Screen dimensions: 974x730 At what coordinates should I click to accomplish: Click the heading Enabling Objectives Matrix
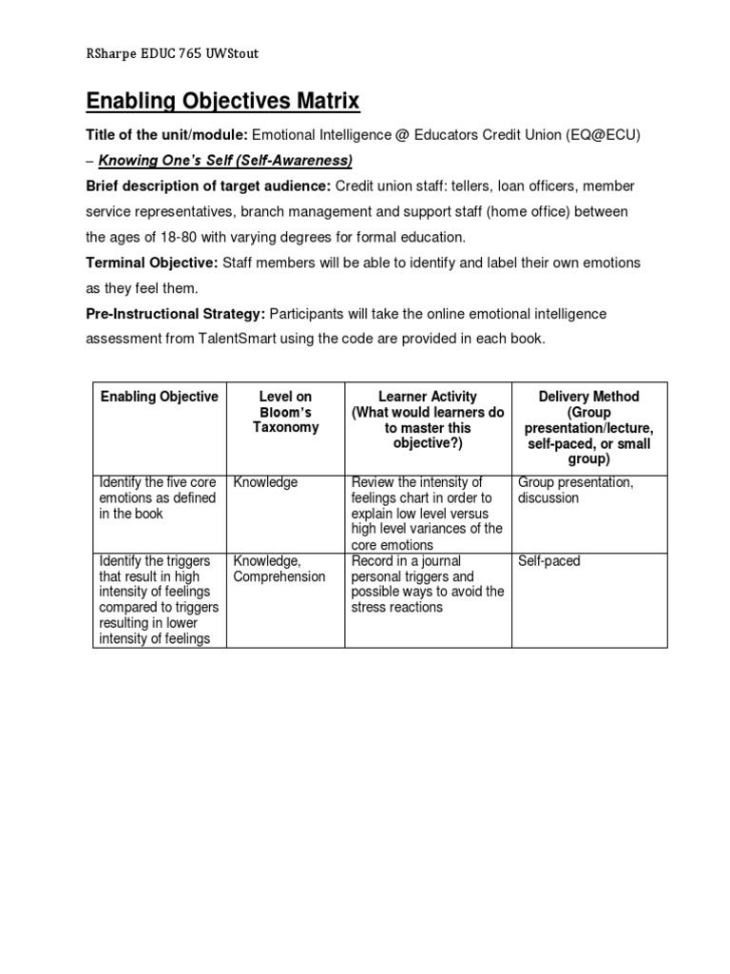point(223,102)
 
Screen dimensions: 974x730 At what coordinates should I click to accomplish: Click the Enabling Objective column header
point(160,397)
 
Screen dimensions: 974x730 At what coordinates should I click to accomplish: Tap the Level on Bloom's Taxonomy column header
point(285,412)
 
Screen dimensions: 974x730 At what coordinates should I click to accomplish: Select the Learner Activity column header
point(428,419)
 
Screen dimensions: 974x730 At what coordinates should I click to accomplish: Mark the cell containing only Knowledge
point(265,482)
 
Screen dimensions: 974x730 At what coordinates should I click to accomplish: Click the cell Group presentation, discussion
point(576,490)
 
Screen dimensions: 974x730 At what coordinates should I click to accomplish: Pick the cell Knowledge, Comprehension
point(279,569)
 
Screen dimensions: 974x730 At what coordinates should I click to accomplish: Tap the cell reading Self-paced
point(549,561)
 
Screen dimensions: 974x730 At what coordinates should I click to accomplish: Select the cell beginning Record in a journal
point(427,584)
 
